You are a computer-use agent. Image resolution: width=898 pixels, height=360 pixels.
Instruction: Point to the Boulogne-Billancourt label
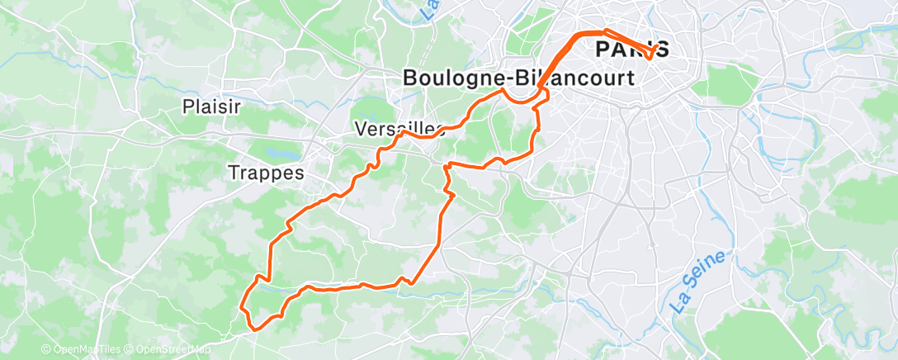coord(518,78)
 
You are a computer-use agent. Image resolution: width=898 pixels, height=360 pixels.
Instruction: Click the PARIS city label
coord(632,50)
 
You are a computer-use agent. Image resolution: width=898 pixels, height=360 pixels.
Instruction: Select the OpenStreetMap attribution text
coord(169,350)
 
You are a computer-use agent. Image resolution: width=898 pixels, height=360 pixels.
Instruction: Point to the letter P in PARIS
coord(603,50)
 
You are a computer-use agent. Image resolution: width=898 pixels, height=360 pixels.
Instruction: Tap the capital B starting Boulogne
coord(411,78)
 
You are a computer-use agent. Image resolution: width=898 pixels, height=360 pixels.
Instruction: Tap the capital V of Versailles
coord(360,129)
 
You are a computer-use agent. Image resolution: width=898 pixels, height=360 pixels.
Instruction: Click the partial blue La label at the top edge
coord(429,10)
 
